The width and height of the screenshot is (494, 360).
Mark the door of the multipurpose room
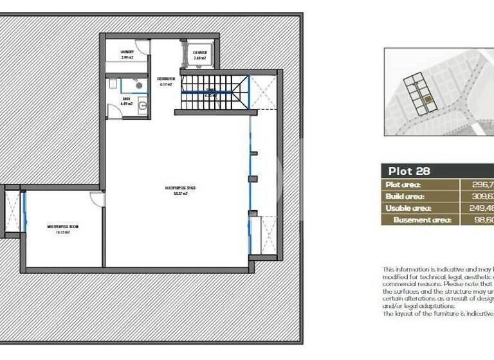click(x=96, y=199)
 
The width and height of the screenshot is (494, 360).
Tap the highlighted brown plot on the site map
click(x=427, y=100)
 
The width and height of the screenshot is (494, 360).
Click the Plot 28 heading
click(x=408, y=171)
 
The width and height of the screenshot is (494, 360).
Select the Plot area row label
click(x=404, y=184)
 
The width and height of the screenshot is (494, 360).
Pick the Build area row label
click(x=405, y=196)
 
